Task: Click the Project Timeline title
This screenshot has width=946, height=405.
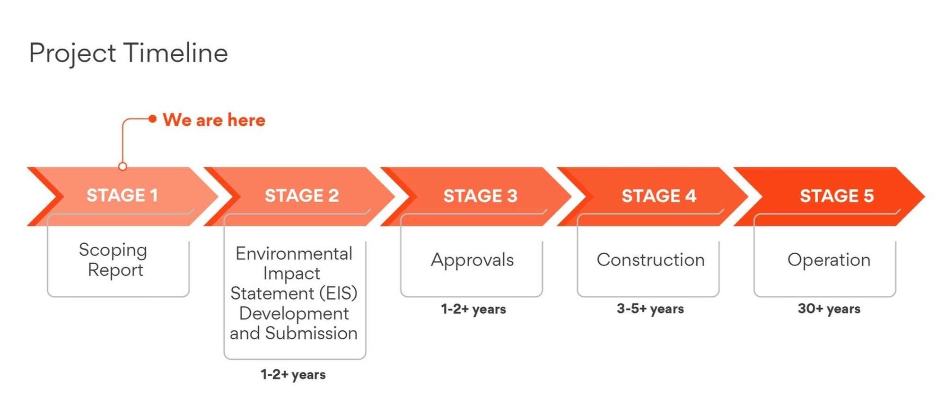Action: click(x=129, y=53)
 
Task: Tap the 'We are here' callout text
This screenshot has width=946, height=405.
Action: click(x=214, y=120)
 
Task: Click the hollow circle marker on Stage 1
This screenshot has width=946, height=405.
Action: click(x=123, y=166)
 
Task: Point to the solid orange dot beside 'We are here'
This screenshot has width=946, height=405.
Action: click(x=152, y=119)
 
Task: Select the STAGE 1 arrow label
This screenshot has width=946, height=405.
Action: click(x=122, y=195)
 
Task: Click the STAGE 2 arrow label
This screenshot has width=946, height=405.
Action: click(x=302, y=196)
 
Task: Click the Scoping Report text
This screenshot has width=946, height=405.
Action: click(x=114, y=260)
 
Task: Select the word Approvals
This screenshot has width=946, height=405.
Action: click(x=472, y=260)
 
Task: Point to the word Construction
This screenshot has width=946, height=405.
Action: click(x=650, y=260)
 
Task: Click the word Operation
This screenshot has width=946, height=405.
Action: click(x=829, y=260)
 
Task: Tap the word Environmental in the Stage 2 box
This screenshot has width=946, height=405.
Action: click(x=294, y=254)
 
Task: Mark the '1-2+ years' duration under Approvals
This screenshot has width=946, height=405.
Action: click(x=473, y=309)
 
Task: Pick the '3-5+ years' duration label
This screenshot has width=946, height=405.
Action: click(x=650, y=309)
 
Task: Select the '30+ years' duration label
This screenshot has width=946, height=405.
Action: click(x=829, y=309)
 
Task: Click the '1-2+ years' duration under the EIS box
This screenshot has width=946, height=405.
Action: click(x=293, y=375)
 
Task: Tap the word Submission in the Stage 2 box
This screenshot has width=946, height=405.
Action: click(x=311, y=333)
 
